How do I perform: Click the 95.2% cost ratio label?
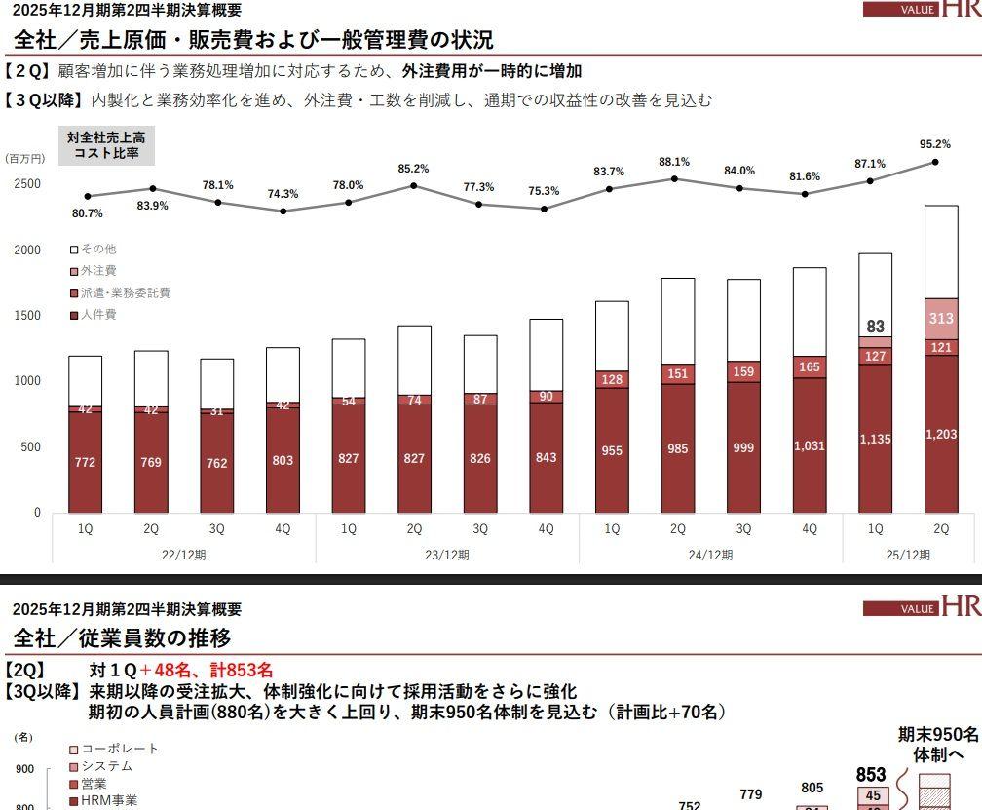pyautogui.click(x=934, y=144)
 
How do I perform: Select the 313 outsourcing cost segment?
pyautogui.click(x=941, y=319)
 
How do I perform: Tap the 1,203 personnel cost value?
pyautogui.click(x=941, y=435)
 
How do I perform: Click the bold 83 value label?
pyautogui.click(x=875, y=328)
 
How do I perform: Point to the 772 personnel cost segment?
pyautogui.click(x=85, y=462)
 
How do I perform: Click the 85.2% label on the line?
pyautogui.click(x=413, y=169)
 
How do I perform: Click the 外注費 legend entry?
pyautogui.click(x=98, y=271)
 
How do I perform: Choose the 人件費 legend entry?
pyautogui.click(x=98, y=315)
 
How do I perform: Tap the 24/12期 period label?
pyautogui.click(x=710, y=555)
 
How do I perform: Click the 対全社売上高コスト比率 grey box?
pyautogui.click(x=106, y=146)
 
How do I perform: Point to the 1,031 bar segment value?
pyautogui.click(x=809, y=445)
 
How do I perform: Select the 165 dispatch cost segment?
pyautogui.click(x=809, y=367)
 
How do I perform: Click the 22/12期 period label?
pyautogui.click(x=183, y=555)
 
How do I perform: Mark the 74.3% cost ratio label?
pyautogui.click(x=283, y=194)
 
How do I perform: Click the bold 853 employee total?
pyautogui.click(x=871, y=775)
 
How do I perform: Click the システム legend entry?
pyautogui.click(x=106, y=766)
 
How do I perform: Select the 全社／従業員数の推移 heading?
pyautogui.click(x=123, y=638)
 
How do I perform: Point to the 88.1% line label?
pyautogui.click(x=674, y=162)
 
